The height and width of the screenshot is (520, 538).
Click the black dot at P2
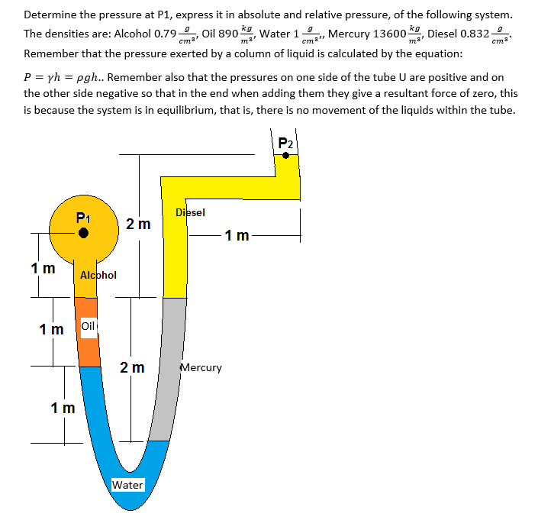tap(285, 155)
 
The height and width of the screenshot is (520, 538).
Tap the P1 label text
tap(85, 218)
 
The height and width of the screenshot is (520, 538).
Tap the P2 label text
tap(285, 143)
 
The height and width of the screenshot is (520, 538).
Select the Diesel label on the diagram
tap(190, 212)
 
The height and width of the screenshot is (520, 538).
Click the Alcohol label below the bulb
tap(98, 275)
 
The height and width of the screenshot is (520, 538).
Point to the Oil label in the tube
tap(89, 326)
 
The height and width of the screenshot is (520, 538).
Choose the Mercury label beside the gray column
tap(201, 367)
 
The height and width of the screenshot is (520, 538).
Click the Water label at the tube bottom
tap(127, 485)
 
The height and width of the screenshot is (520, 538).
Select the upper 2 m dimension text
tap(139, 224)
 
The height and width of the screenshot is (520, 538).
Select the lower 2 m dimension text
tap(133, 368)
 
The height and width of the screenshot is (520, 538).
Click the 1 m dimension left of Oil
tap(52, 329)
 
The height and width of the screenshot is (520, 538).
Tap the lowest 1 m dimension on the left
tap(63, 407)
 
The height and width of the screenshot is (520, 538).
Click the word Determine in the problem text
tap(49, 15)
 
